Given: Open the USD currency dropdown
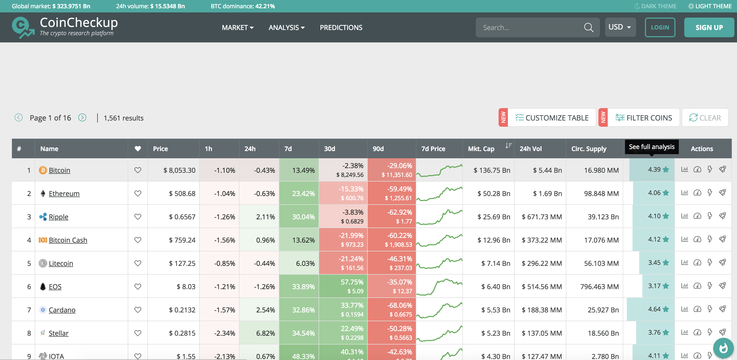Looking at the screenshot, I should [620, 27].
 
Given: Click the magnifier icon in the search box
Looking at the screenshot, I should [588, 27].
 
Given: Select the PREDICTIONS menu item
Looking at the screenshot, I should [341, 27].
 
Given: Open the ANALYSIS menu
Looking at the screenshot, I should [286, 27].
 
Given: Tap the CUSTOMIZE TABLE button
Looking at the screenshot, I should [552, 118].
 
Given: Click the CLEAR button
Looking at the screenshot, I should [705, 118].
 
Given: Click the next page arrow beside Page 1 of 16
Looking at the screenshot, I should [82, 118].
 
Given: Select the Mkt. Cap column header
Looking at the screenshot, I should [481, 149].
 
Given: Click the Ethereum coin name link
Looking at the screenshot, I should [64, 194].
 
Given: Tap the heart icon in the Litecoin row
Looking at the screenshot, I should [138, 263].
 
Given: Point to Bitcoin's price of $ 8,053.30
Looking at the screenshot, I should [179, 170].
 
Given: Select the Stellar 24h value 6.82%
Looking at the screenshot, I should [265, 333].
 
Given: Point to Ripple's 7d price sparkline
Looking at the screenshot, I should [439, 217].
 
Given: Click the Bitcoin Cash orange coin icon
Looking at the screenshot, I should [43, 240].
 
